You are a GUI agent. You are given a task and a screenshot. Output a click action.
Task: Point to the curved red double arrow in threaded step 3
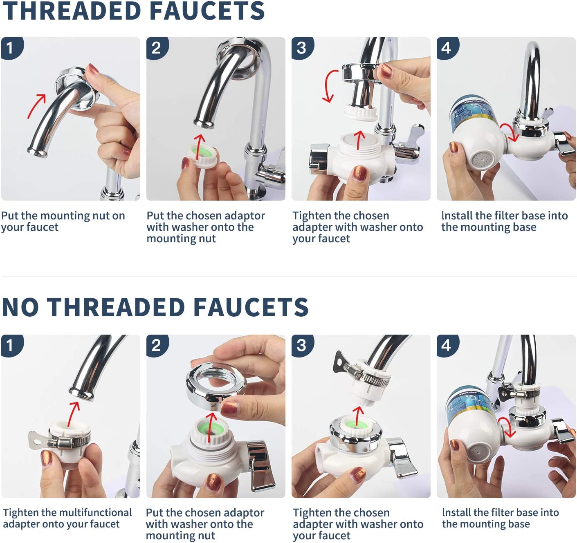point(331,86)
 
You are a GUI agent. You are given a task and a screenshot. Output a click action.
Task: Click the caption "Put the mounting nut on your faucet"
point(63,221)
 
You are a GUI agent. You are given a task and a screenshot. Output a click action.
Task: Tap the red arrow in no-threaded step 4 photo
point(507,427)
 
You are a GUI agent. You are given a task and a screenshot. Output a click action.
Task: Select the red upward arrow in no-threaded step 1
point(74,414)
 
